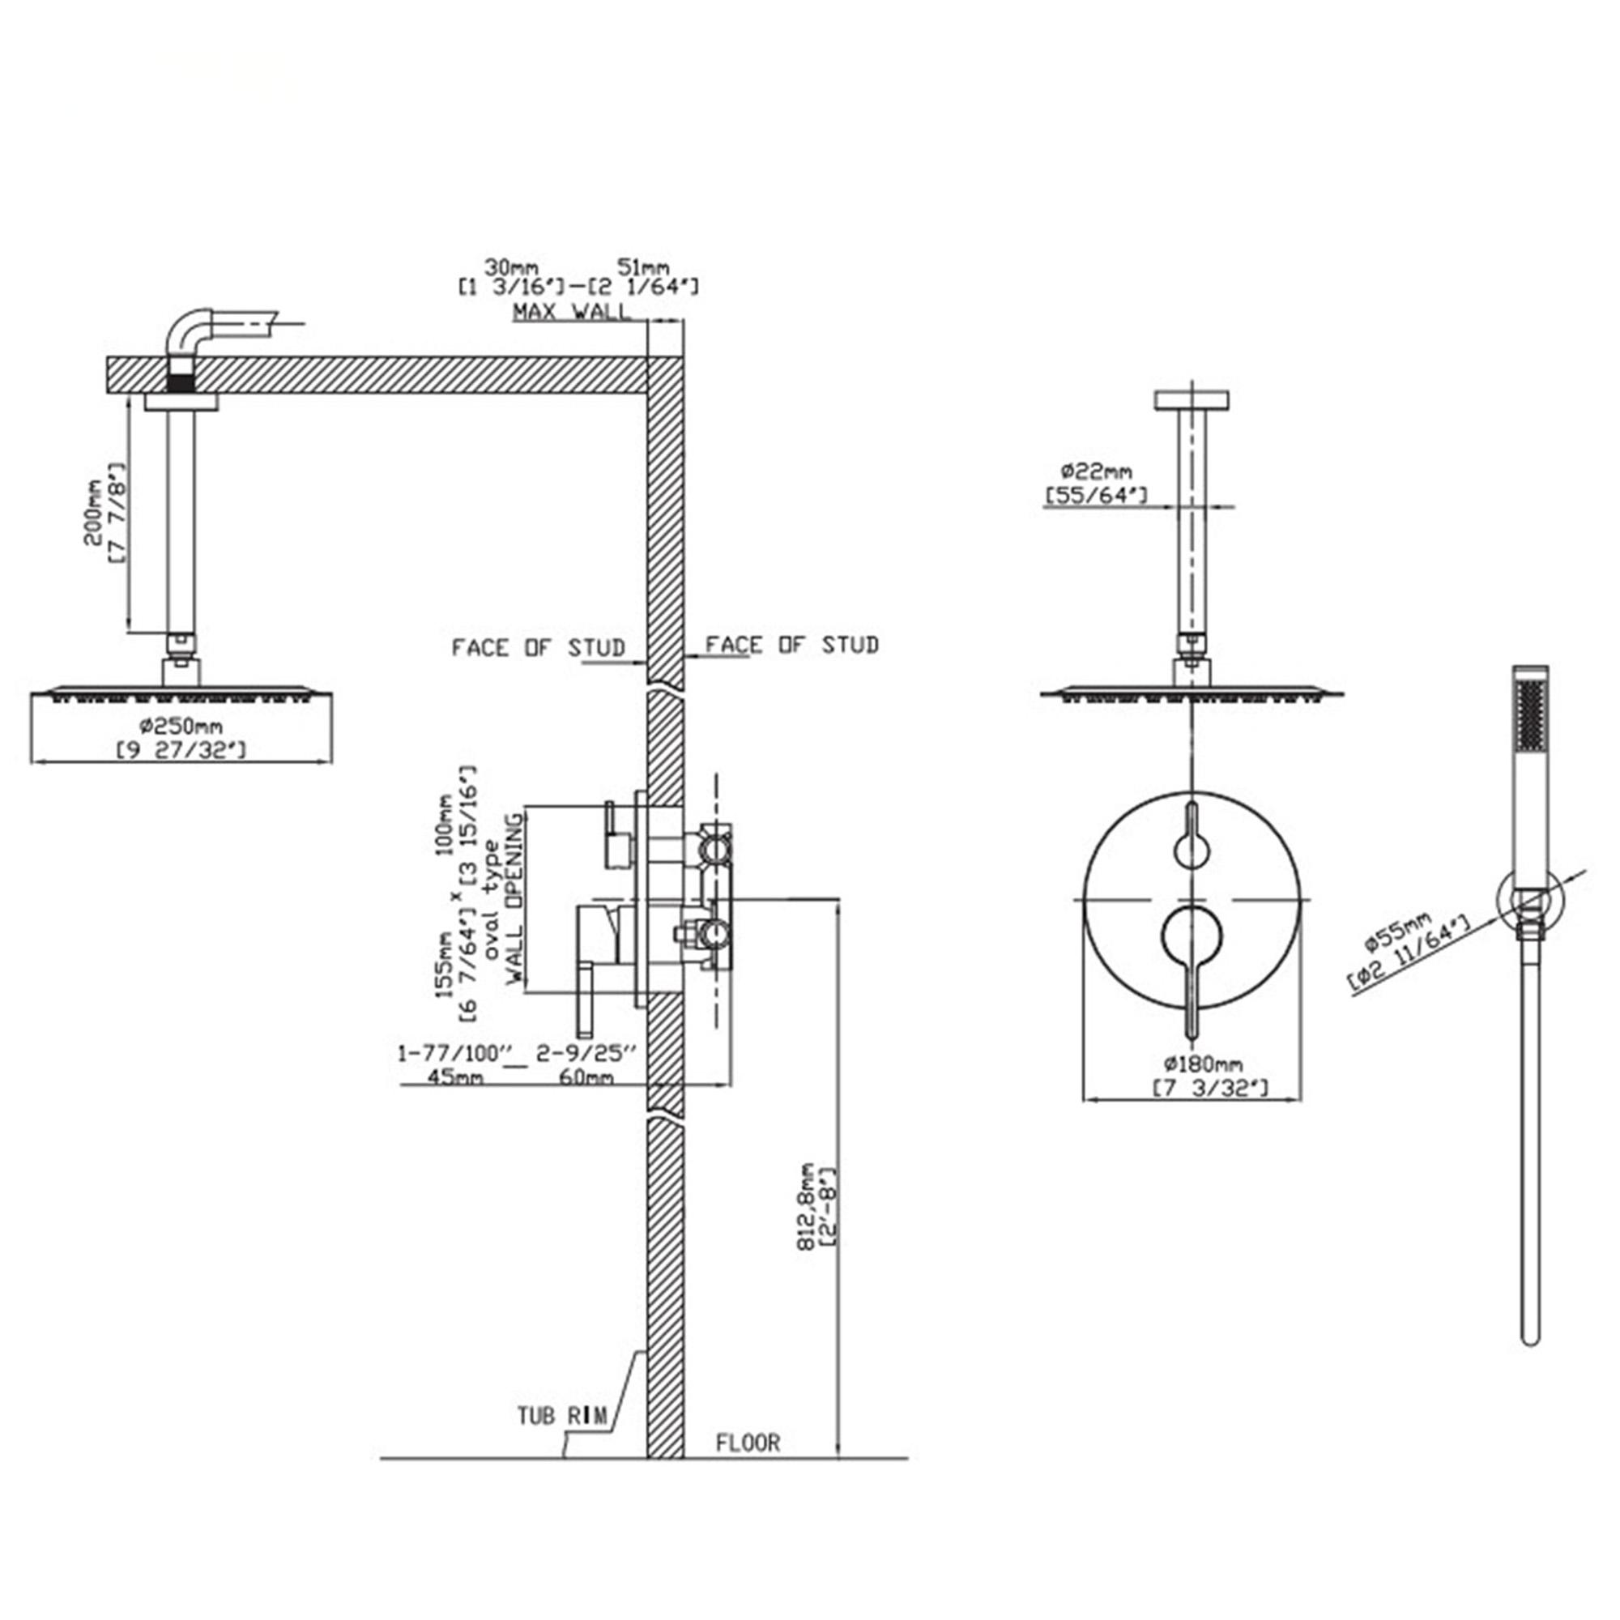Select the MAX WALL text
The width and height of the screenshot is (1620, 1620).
570,312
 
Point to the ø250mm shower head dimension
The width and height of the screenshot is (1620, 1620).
181,725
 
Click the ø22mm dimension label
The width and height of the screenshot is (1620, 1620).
1095,471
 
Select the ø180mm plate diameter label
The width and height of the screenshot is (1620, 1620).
1201,1064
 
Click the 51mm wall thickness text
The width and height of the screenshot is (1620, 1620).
643,267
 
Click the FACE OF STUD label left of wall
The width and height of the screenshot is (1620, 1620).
539,648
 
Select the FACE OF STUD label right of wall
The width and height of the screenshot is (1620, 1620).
791,645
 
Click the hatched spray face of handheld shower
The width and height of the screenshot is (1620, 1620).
1531,713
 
